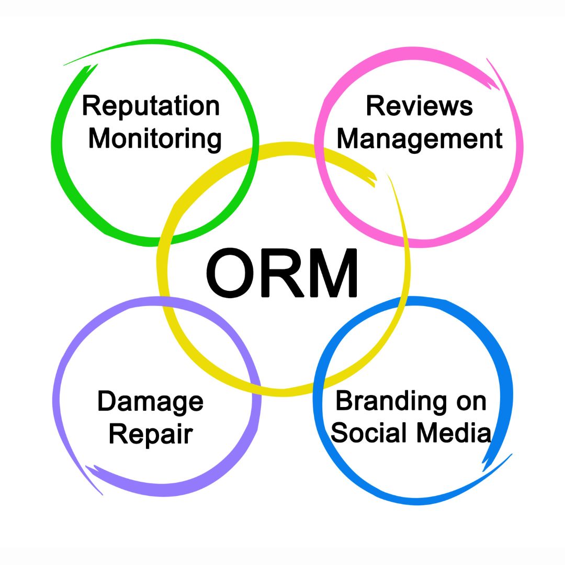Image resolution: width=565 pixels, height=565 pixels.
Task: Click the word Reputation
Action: [x=151, y=107]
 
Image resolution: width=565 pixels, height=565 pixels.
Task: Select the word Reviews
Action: [x=420, y=106]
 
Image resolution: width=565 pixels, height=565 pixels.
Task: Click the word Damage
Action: [x=151, y=402]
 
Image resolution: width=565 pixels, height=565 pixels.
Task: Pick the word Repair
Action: [x=151, y=435]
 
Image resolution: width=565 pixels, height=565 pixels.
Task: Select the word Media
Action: [x=454, y=433]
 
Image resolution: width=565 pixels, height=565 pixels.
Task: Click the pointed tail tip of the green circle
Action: [x=64, y=65]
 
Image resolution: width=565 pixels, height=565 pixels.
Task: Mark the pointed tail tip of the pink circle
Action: [x=487, y=59]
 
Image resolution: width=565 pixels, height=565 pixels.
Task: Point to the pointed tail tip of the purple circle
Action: [x=103, y=494]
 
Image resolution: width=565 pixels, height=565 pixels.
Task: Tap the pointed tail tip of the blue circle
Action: [x=512, y=454]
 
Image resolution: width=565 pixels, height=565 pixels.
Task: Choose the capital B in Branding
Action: [x=345, y=400]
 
